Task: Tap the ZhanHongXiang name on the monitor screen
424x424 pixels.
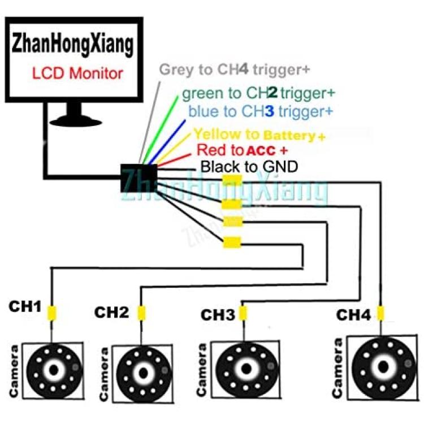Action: (73, 44)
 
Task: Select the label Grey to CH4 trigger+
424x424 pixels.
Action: (235, 70)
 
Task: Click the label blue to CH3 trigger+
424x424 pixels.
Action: (261, 111)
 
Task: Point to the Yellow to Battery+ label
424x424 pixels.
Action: (259, 135)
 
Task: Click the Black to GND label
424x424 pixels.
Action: (249, 167)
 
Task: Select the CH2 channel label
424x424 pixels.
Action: (111, 312)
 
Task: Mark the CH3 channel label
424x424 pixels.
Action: (218, 315)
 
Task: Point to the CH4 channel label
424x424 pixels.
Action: (354, 314)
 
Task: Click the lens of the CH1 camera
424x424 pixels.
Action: (54, 370)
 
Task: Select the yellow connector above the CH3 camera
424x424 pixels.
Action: (243, 313)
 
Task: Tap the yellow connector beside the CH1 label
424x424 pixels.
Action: (52, 311)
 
